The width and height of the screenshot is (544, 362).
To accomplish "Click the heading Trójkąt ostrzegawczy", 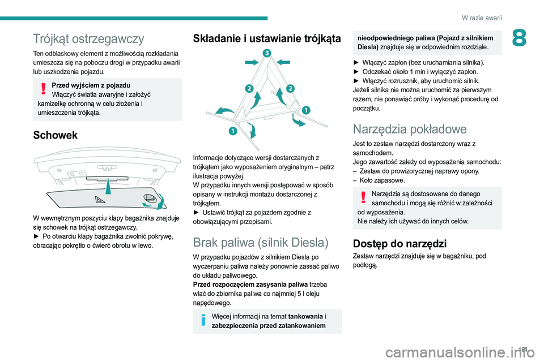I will click(x=88, y=38).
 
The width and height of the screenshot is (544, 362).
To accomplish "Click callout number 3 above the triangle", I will click(x=265, y=53).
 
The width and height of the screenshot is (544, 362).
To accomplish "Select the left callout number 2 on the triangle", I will click(x=248, y=88).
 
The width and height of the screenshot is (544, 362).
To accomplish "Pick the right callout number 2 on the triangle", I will click(x=290, y=88).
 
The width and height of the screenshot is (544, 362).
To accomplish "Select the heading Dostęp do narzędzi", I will click(x=399, y=244).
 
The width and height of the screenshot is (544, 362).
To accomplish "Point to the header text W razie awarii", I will click(x=482, y=18).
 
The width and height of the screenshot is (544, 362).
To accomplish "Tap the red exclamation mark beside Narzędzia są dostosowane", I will click(x=362, y=197).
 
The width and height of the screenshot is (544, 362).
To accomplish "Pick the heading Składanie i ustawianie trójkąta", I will click(x=267, y=38).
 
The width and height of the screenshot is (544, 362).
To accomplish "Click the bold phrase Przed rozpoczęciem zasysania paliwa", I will click(x=244, y=284).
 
